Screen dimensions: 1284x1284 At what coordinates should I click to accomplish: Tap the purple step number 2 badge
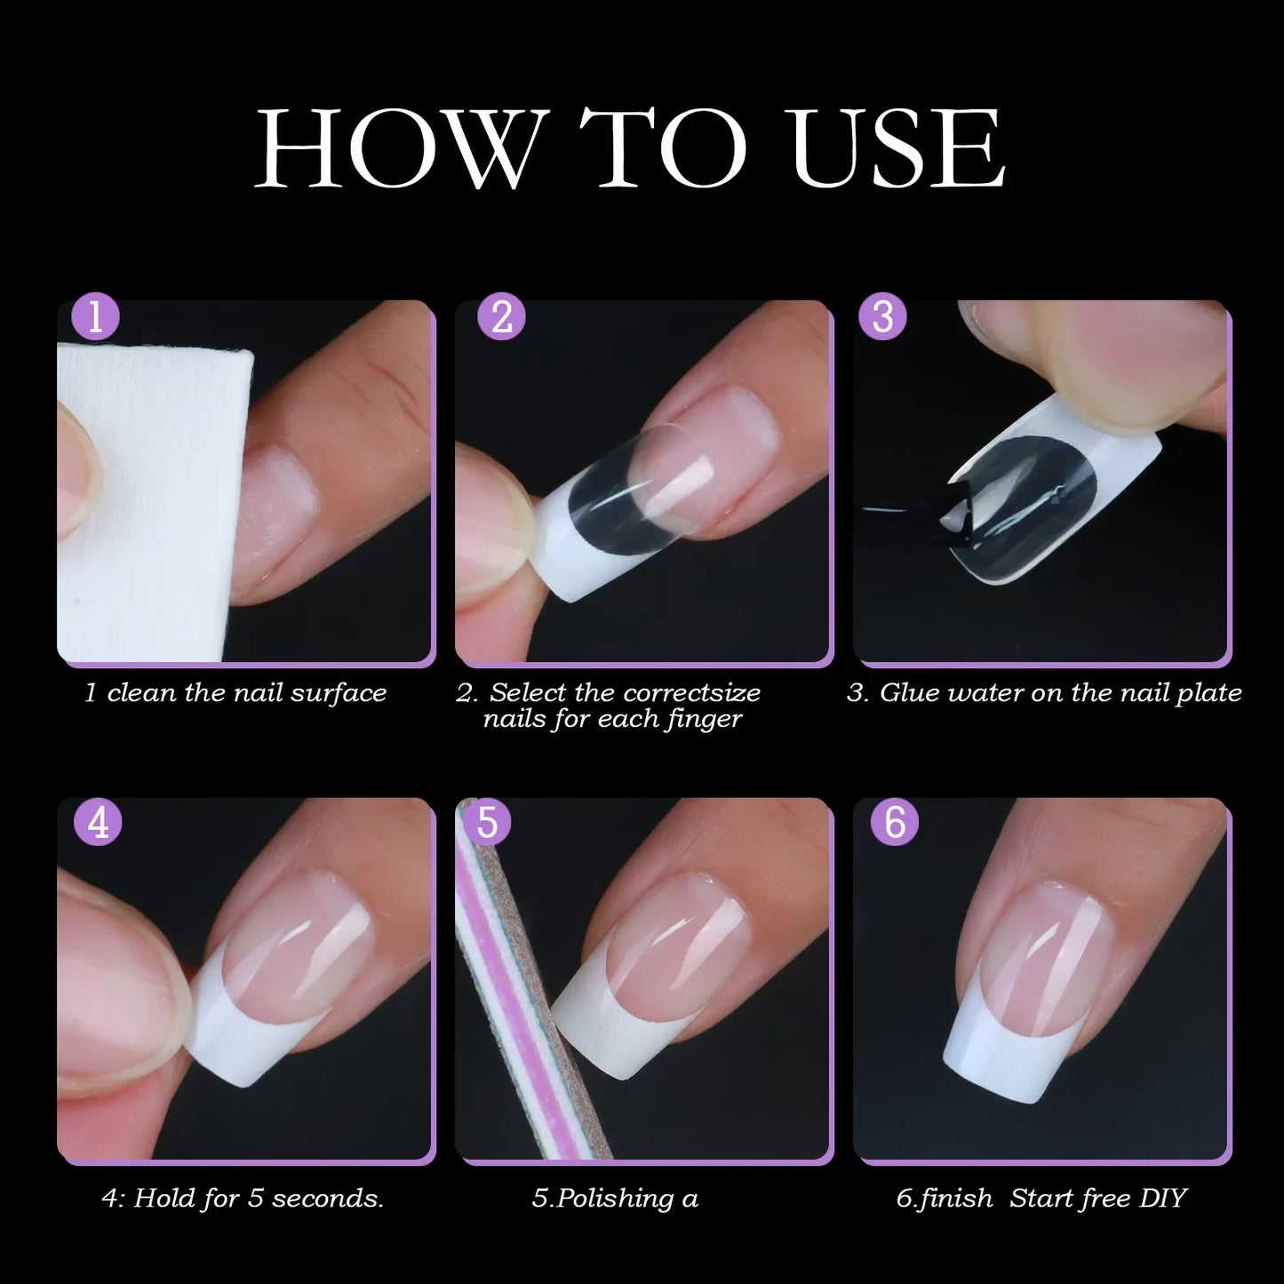click(x=502, y=318)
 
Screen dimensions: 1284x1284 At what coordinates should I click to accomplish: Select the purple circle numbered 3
click(x=882, y=318)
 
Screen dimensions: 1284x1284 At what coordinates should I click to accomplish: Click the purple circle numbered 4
click(x=99, y=822)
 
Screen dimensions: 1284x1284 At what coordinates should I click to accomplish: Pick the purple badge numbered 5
click(x=487, y=822)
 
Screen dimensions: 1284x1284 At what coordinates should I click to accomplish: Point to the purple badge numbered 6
click(x=895, y=822)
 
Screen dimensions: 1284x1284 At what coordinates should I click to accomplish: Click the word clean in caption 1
click(x=141, y=693)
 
